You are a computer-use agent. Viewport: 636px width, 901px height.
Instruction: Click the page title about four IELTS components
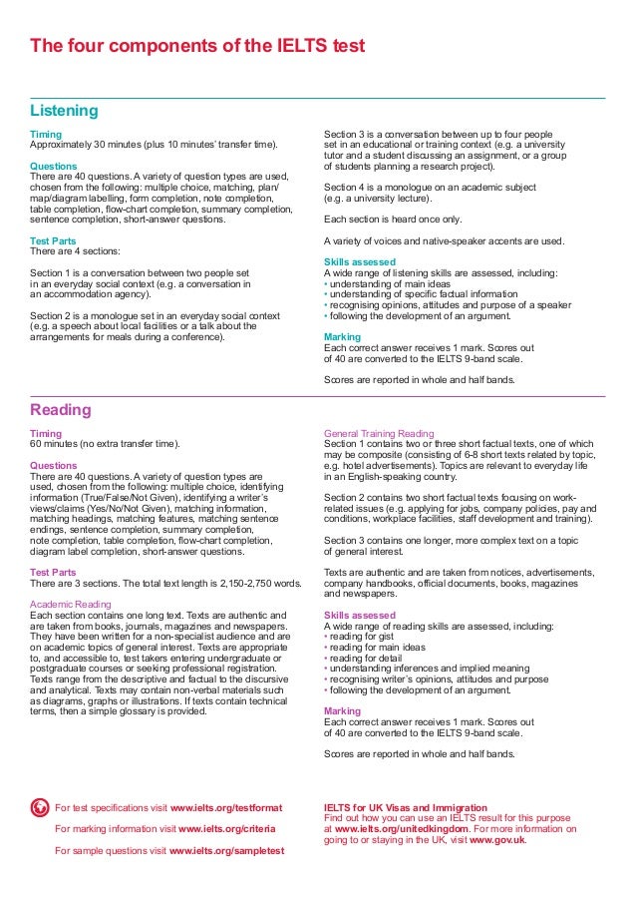[198, 46]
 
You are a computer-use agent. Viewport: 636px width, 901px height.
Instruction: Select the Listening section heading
[64, 110]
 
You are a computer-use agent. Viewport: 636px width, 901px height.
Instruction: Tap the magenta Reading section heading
[61, 410]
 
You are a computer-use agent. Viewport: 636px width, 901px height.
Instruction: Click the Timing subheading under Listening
[47, 135]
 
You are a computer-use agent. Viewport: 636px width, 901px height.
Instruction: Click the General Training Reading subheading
[379, 434]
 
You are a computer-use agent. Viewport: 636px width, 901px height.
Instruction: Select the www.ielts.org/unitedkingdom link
[407, 828]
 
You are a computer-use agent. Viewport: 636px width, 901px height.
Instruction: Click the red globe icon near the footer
[40, 806]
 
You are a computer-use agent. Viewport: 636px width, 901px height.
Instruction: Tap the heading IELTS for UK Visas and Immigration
[406, 806]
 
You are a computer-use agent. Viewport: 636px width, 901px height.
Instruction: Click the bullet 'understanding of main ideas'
[390, 282]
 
